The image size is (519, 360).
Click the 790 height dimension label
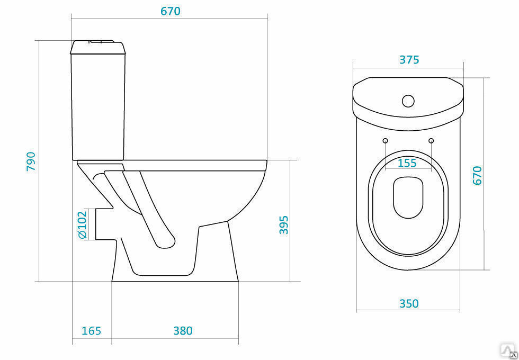[x=31, y=161]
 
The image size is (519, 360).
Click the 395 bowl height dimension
[x=284, y=225]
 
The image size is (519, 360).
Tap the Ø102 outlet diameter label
[x=82, y=224]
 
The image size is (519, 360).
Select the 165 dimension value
[x=91, y=330]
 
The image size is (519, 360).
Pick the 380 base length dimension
[x=183, y=330]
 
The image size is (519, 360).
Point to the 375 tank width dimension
[x=409, y=60]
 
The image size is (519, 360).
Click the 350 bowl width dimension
[x=409, y=303]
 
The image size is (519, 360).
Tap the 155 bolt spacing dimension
[x=407, y=163]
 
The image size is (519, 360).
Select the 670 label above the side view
[x=171, y=11]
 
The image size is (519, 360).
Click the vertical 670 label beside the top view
[x=477, y=175]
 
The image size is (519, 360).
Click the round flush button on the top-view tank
[x=408, y=101]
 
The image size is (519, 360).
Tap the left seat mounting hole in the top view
[x=386, y=141]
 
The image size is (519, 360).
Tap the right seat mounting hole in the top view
[x=431, y=141]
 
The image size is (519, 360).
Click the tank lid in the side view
[x=98, y=47]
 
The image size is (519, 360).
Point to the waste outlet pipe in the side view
[x=105, y=224]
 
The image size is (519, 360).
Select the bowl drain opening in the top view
[x=408, y=197]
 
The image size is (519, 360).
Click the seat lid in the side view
[x=195, y=165]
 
